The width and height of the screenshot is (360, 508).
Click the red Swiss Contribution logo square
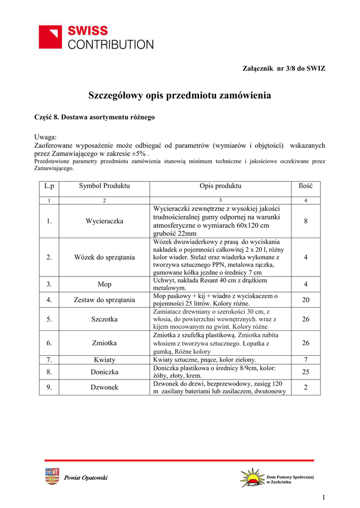[x=51, y=37]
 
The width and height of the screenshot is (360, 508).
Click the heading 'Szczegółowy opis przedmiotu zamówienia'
[x=180, y=95]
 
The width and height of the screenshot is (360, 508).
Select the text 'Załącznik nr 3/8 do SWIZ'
[x=283, y=67]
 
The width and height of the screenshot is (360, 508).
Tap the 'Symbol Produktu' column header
[x=104, y=186]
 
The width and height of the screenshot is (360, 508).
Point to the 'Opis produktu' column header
[x=220, y=186]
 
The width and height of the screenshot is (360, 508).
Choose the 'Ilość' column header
[x=305, y=186]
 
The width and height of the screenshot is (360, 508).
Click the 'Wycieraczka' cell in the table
[x=104, y=221]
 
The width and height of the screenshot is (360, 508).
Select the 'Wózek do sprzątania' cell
[x=104, y=257]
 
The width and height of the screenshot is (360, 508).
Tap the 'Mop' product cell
[x=104, y=284]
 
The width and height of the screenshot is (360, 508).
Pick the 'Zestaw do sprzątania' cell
[x=104, y=300]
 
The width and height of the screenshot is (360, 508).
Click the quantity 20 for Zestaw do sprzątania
[x=305, y=300]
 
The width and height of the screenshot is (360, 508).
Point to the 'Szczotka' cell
[x=104, y=319]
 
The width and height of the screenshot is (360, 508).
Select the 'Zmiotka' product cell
[x=104, y=343]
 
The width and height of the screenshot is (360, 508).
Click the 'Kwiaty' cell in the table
[x=104, y=360]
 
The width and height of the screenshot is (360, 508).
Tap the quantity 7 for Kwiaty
[x=305, y=360]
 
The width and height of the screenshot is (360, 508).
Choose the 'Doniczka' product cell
[x=104, y=372]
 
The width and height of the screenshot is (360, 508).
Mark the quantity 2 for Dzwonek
[x=305, y=387]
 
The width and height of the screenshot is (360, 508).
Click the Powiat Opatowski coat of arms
[x=52, y=477]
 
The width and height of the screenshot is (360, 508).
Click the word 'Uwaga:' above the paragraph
[x=46, y=137]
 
